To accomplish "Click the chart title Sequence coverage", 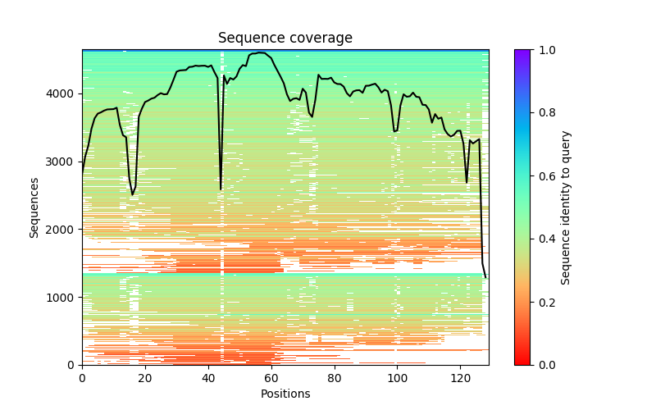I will click(285, 38).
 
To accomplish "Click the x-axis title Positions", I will click(285, 394).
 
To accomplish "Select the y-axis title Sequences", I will click(34, 207).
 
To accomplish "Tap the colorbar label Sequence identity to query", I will click(567, 207).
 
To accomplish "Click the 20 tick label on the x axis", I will click(145, 378).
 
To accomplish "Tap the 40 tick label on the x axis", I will click(208, 378).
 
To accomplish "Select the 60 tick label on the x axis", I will click(271, 378).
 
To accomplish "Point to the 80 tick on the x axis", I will click(334, 378).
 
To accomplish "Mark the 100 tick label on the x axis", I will click(397, 378).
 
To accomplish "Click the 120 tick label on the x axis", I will click(460, 378).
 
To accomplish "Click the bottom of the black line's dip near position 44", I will click(221, 189).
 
